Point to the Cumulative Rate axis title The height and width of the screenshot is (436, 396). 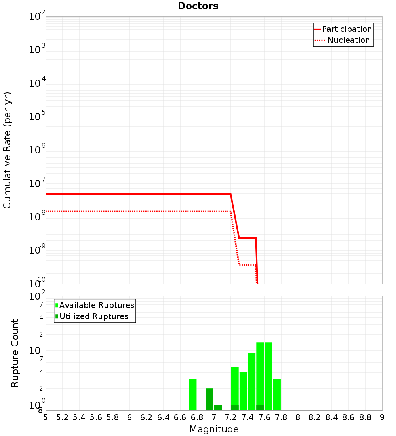(x=7, y=150)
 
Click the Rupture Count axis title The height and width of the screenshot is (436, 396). (x=15, y=353)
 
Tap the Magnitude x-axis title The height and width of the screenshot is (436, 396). (x=214, y=429)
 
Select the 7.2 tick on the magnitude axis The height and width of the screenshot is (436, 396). (x=230, y=417)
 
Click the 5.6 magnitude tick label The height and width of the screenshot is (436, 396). (x=96, y=417)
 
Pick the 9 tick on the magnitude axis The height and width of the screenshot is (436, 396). (x=382, y=417)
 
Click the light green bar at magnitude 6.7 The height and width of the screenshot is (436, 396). (x=193, y=395)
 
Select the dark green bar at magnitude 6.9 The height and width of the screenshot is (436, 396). (x=209, y=400)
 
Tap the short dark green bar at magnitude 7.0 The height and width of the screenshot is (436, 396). (x=218, y=407)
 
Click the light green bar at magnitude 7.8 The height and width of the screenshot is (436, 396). (x=277, y=395)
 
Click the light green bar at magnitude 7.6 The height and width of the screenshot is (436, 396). (x=260, y=373)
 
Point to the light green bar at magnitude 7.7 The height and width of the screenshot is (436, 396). (x=268, y=376)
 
